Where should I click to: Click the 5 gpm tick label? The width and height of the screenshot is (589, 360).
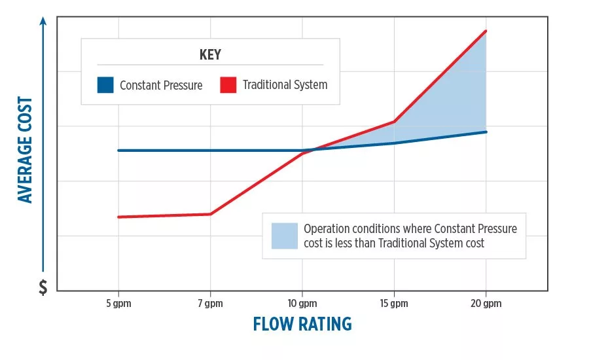118,303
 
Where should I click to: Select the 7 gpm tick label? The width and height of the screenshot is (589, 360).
210,303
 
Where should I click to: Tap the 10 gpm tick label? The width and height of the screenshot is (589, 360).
302,303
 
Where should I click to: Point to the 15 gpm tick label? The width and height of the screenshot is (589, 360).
393,303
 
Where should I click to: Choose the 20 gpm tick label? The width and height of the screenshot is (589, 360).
486,303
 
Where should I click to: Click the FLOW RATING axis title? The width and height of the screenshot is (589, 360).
302,324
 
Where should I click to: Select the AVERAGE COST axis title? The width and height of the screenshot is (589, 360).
26,150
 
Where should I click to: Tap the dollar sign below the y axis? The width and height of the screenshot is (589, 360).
43,287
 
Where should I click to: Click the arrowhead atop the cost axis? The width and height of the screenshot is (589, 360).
43,20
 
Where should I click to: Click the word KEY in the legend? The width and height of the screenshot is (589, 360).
210,54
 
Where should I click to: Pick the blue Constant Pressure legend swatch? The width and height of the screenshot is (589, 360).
105,85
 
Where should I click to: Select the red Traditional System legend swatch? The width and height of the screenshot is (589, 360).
228,85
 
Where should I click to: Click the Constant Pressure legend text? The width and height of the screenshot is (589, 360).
161,85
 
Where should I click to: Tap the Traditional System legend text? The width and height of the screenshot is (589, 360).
285,85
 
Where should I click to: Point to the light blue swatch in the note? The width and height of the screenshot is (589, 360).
284,236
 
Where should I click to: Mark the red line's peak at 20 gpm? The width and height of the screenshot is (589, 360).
486,31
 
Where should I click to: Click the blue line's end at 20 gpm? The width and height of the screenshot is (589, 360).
486,132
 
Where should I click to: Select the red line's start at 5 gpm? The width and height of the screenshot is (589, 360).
118,217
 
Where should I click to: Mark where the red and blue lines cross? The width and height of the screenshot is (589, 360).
312,150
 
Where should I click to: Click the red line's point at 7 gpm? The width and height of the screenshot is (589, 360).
210,214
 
